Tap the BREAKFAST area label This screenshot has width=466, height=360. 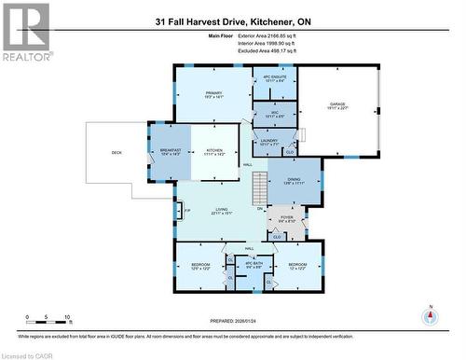pyautogui.click(x=170, y=150)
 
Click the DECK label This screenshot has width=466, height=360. pyautogui.click(x=116, y=152)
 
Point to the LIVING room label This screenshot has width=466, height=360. pyautogui.click(x=222, y=210)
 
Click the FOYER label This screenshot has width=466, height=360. pyautogui.click(x=286, y=219)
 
